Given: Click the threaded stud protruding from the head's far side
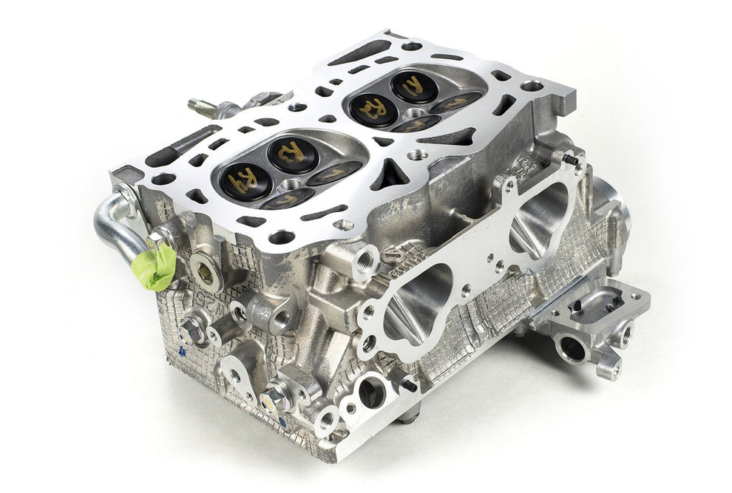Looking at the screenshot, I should coord(202,106).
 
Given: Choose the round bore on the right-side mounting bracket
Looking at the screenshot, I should coord(572,346).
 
